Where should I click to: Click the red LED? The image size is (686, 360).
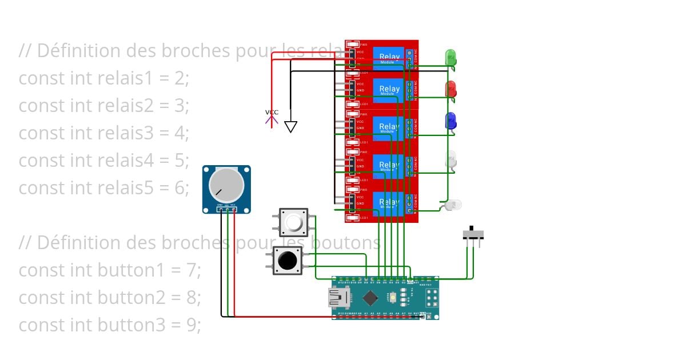point(450,89)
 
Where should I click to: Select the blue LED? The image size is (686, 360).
point(450,121)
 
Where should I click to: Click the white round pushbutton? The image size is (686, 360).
point(293,222)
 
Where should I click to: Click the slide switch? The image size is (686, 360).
point(472,234)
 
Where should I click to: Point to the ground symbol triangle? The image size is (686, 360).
point(290,127)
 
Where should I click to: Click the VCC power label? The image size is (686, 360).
point(272,113)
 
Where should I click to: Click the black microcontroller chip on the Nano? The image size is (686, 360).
point(370,298)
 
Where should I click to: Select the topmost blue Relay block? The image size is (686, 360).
point(389,58)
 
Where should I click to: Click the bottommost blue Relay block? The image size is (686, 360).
point(389,203)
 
